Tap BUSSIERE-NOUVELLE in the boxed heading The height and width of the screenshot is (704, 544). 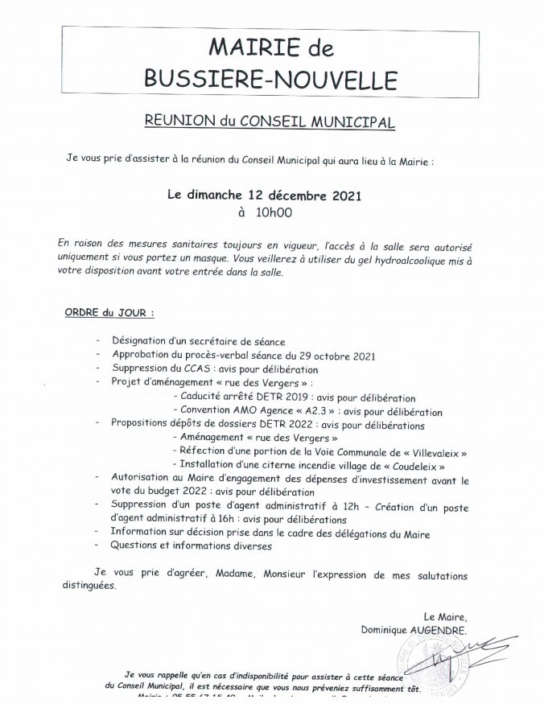[272, 79]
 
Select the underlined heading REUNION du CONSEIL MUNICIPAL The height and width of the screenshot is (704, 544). [270, 121]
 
